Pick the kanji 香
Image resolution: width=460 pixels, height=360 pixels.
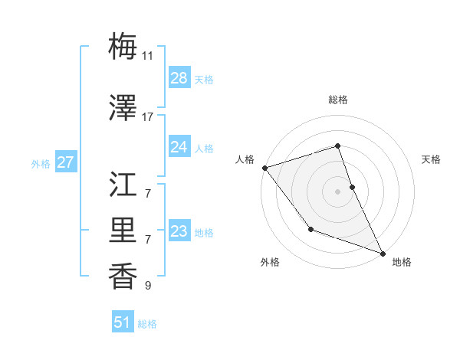pos(123,277)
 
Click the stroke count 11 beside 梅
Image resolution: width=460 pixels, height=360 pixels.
pos(148,56)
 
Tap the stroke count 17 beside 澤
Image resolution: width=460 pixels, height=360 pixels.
pos(148,117)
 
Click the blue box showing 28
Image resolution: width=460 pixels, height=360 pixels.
pos(179,78)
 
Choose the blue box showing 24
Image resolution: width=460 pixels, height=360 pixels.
pos(179,147)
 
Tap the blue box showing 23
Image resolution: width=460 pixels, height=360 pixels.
pos(179,231)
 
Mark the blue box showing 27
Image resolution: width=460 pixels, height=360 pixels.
pos(65,162)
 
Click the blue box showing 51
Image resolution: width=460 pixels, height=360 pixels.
pos(123,322)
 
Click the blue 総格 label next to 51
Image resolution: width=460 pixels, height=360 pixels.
pos(147,324)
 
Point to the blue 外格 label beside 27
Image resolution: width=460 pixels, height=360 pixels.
pos(41,163)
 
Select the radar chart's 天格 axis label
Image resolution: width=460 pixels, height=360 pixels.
pos(431,159)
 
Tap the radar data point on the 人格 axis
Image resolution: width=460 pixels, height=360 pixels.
pos(264,168)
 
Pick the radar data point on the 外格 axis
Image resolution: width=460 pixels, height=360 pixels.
pos(310,229)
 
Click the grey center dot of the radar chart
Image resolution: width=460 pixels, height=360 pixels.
pos(337,191)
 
